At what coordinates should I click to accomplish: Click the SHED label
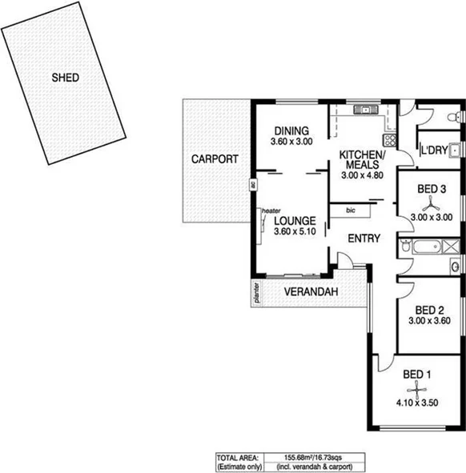[65, 78]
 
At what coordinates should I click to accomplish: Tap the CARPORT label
[214, 159]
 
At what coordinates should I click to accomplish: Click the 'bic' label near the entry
[351, 210]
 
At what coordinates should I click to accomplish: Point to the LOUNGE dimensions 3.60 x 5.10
[294, 232]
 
